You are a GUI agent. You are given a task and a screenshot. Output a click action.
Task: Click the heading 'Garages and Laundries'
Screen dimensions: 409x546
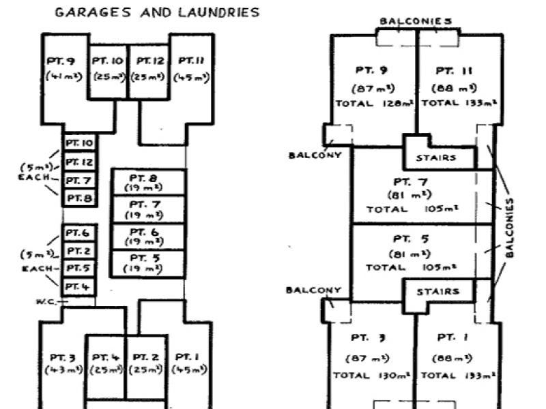[x=157, y=12]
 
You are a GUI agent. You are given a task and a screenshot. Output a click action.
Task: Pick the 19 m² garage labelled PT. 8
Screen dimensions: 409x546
[x=149, y=182]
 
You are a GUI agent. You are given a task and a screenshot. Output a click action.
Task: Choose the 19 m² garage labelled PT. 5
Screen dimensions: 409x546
[x=149, y=264]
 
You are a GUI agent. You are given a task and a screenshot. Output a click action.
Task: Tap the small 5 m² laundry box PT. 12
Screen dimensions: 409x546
[x=79, y=162]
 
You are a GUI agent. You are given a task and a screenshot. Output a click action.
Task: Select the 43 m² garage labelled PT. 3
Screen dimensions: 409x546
[x=61, y=363]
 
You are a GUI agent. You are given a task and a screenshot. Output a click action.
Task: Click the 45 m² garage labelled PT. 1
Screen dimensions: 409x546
[x=188, y=363]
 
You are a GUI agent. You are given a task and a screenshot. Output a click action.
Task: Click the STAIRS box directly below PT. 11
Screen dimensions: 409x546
[x=435, y=158]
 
